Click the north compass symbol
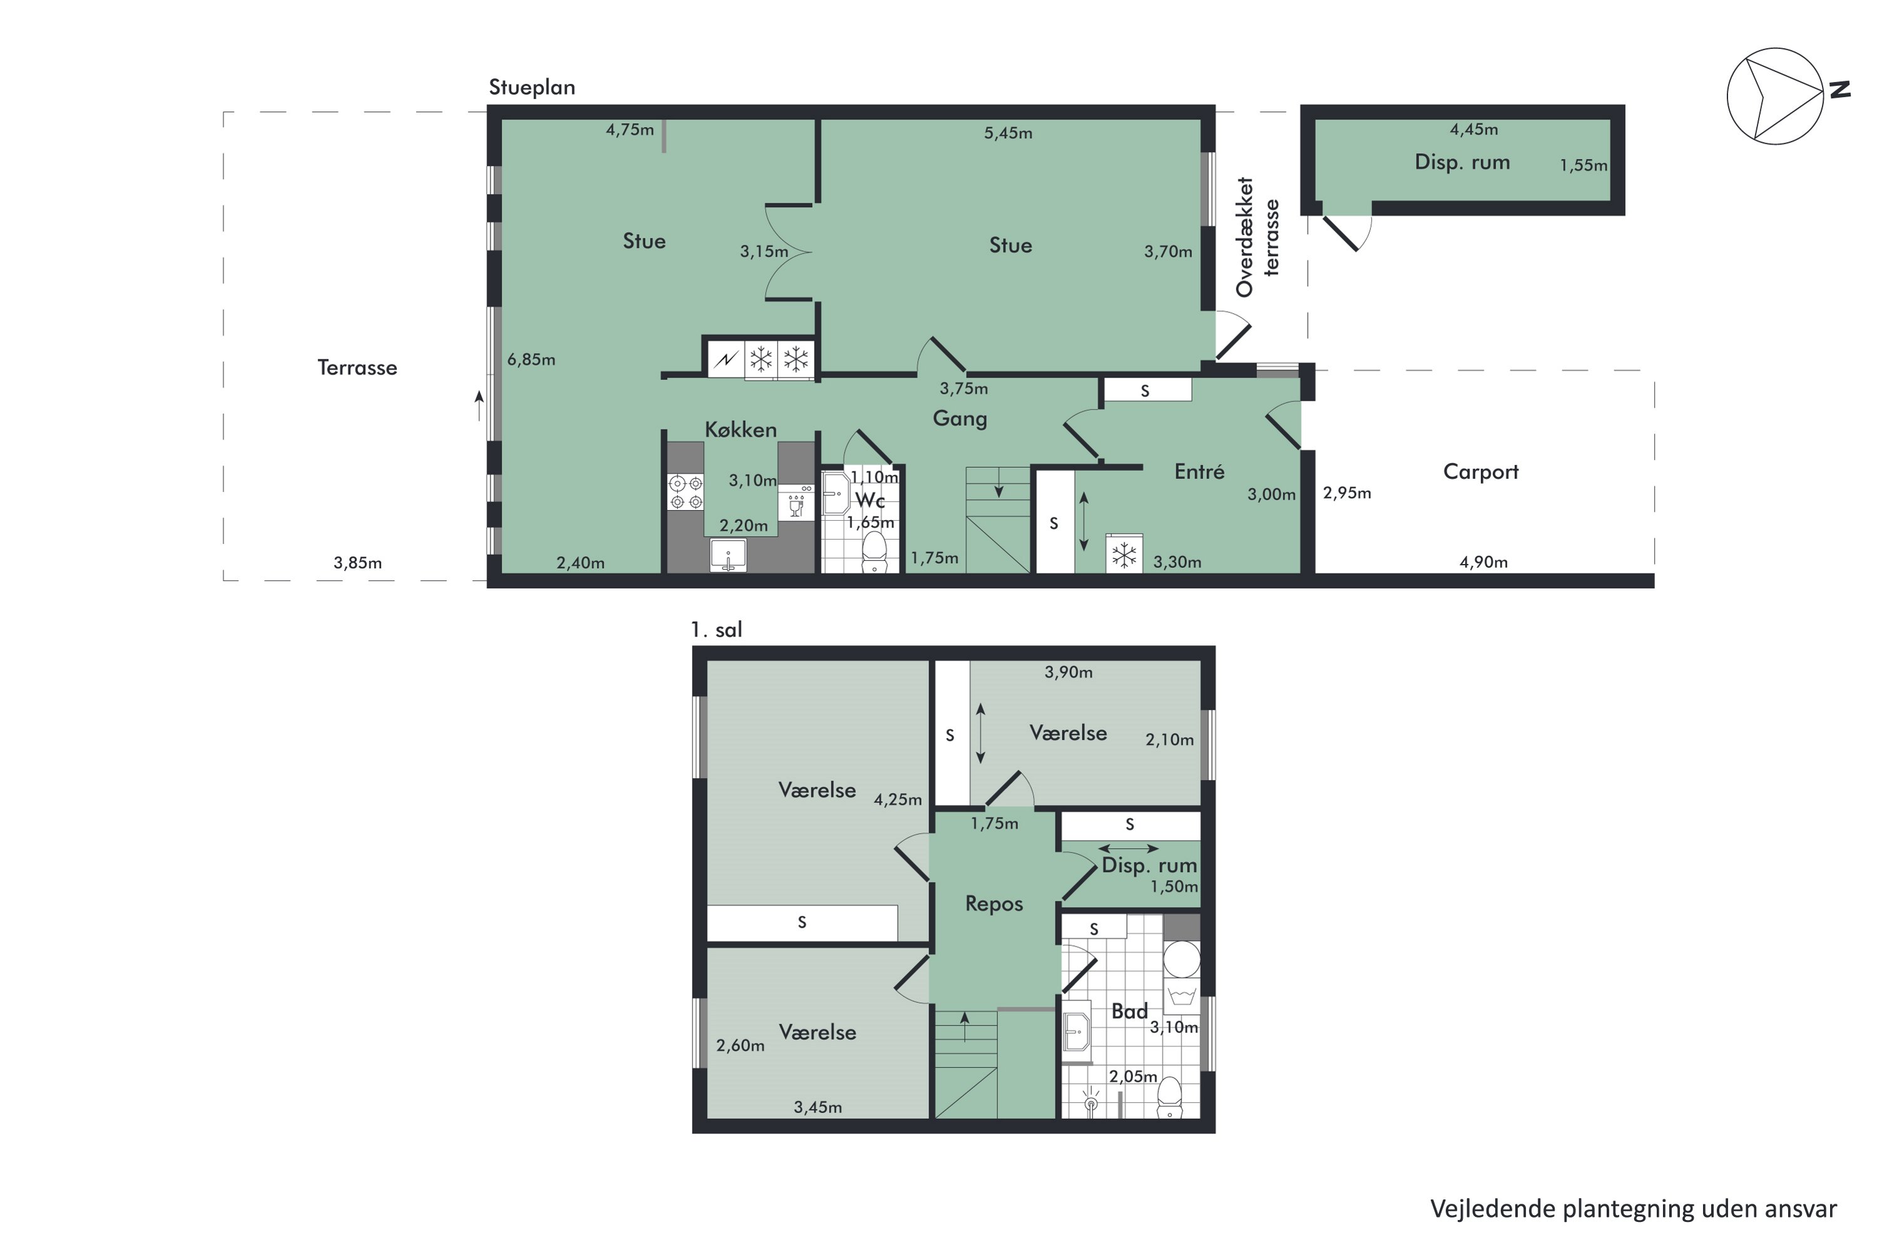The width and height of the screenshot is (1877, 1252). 1775,96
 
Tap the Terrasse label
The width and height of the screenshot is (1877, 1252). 357,367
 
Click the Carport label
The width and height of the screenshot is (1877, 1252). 1480,471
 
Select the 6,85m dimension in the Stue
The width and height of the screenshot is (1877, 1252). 531,359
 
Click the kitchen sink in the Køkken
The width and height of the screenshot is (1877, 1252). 728,556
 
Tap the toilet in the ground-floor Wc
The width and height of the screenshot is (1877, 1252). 875,552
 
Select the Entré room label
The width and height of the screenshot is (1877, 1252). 1199,471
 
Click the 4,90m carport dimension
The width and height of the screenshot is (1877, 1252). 1483,562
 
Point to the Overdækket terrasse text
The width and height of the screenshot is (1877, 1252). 1257,237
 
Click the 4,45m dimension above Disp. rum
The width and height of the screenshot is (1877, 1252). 1473,130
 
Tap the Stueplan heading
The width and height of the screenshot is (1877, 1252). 531,87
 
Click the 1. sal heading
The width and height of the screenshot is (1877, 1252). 716,630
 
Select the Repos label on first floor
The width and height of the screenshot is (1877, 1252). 994,903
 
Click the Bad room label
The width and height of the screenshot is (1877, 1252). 1129,1011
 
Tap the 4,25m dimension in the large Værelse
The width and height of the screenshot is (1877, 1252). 897,799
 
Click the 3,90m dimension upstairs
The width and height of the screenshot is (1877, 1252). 1068,672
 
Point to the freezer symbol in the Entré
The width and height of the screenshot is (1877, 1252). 1124,555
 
